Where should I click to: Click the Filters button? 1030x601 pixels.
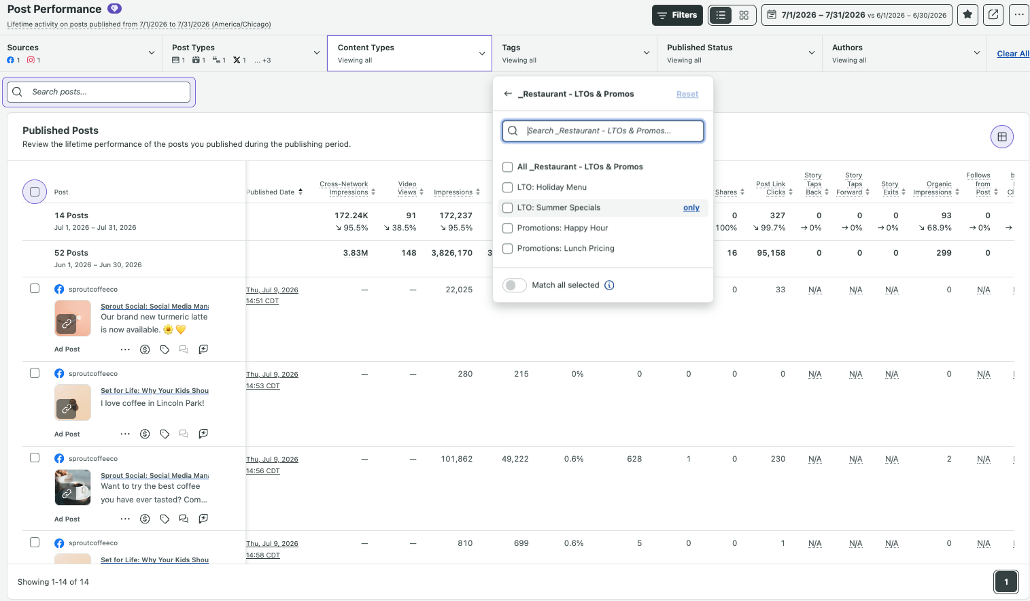677,15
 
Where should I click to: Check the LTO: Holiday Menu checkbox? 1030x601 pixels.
507,187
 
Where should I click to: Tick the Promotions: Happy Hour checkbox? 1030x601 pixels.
507,228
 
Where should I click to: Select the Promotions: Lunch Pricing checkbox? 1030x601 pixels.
507,248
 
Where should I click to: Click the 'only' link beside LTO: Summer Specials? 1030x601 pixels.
691,207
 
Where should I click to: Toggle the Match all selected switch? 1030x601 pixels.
514,285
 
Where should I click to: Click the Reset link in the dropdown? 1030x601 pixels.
687,94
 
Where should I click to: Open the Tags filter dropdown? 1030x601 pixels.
574,53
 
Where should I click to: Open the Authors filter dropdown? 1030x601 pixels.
904,53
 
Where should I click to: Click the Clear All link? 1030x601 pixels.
1012,54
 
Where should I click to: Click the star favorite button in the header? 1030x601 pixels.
967,15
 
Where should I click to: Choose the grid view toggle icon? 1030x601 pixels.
744,15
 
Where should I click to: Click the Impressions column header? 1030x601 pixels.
453,192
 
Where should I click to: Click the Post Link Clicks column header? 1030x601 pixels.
771,188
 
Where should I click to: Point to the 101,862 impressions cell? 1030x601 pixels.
457,459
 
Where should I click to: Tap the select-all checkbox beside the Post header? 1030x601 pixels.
35,192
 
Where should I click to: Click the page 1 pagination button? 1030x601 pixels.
1006,582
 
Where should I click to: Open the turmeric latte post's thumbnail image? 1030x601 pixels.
73,318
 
